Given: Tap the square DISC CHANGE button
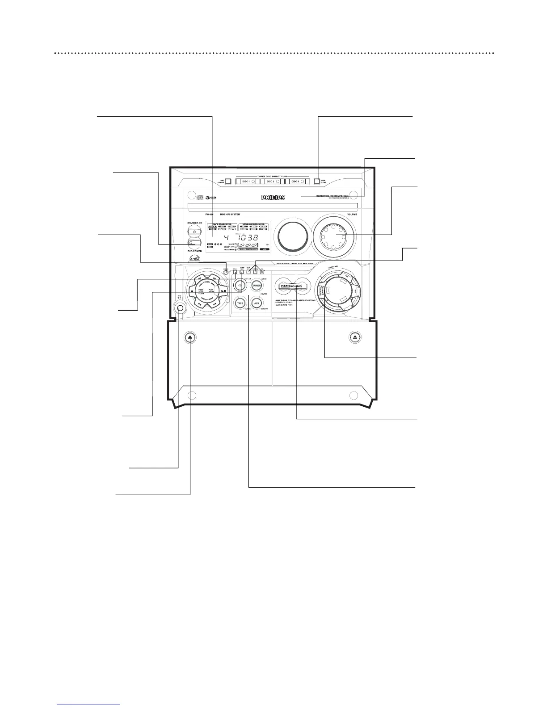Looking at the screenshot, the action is (228, 182).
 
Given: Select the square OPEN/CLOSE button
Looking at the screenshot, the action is (317, 182).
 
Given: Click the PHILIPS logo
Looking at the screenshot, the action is (273, 198).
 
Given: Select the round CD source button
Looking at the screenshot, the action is (240, 285).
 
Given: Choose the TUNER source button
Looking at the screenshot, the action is (257, 285).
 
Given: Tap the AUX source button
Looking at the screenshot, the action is (257, 303).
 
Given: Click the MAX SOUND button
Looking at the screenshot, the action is (291, 286).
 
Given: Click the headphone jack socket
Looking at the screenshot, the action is (180, 308).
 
